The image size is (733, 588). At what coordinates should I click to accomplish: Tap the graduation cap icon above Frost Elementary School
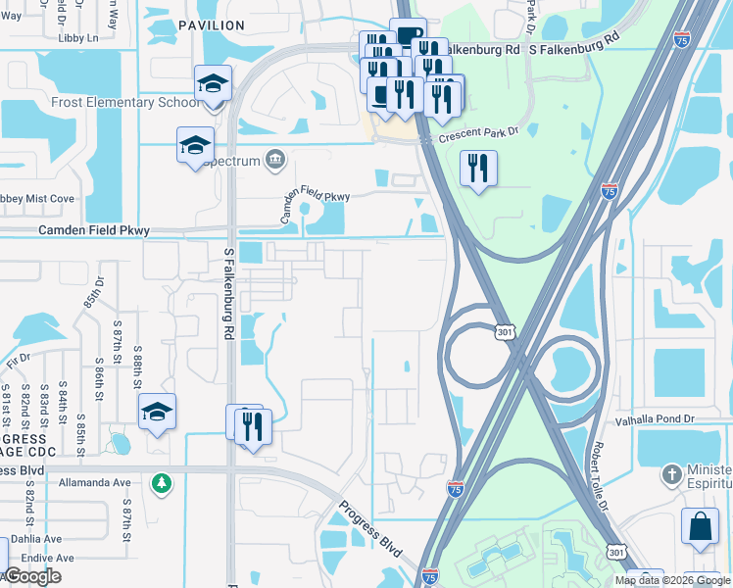pos(212,84)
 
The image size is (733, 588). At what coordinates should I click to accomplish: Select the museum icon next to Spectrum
pos(274,160)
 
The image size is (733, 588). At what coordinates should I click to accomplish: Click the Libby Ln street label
pos(79,37)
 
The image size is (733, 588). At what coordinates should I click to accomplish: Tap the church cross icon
pos(670,473)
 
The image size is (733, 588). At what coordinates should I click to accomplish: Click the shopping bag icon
pos(702,525)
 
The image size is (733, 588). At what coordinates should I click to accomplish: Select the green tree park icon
pos(161,482)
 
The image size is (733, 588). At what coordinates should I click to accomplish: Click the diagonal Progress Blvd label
pos(371,529)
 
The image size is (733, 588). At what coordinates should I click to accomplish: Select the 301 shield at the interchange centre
pos(503,332)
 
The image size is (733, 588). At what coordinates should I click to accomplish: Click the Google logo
pos(32,575)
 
